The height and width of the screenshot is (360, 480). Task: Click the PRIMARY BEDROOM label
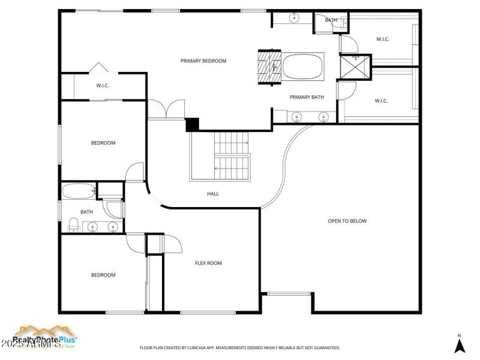(203, 61)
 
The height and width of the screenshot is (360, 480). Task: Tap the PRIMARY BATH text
(307, 97)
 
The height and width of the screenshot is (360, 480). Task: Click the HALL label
(213, 194)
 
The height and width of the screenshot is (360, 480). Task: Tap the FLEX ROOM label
(208, 263)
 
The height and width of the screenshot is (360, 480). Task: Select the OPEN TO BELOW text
(347, 221)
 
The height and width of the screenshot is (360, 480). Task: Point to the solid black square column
(192, 124)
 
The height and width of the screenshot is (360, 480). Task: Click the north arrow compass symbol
(459, 344)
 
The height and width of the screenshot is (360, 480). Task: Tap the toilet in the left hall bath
(73, 225)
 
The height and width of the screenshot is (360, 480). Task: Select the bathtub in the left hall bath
(79, 192)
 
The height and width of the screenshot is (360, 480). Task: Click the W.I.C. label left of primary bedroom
(103, 86)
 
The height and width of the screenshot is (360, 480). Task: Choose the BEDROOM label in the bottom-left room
(103, 275)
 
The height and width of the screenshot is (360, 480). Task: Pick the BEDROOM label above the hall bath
(103, 143)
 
